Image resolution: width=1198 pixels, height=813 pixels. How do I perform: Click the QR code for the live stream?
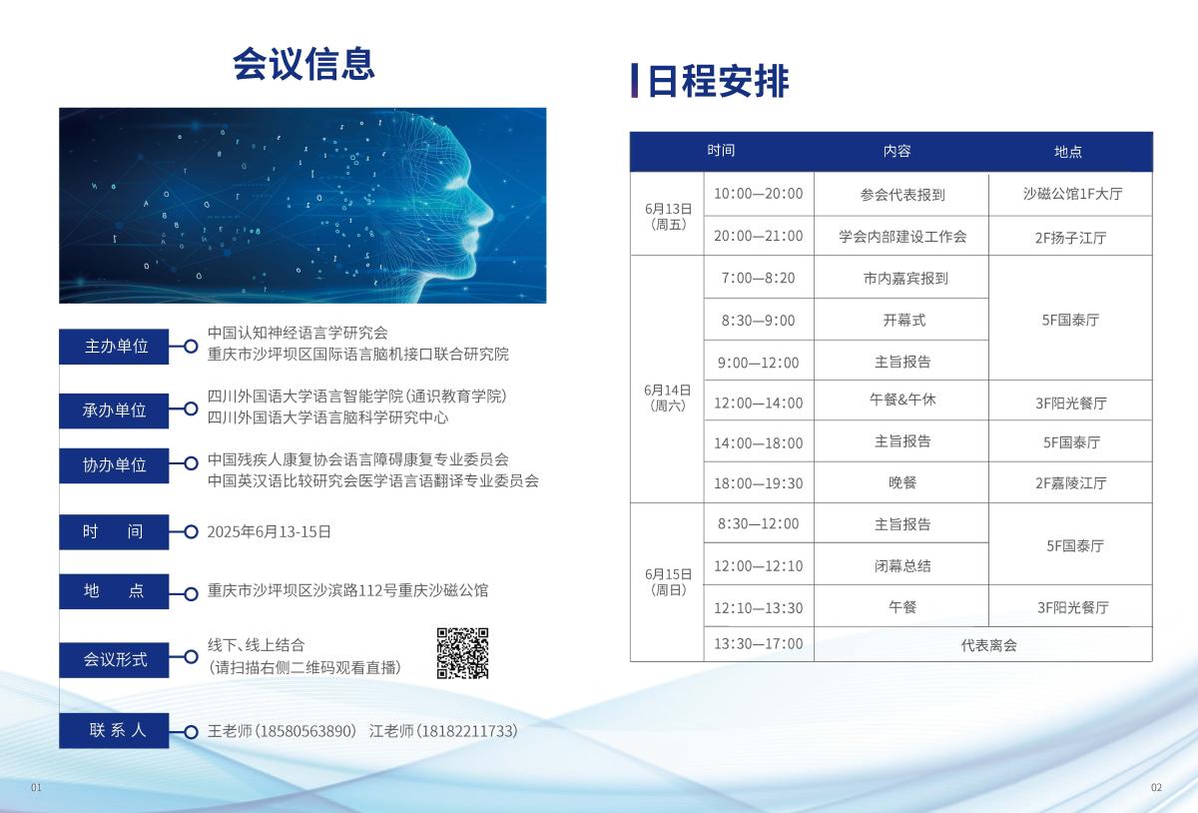[x=462, y=653]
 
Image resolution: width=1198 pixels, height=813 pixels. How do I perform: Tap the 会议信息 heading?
[x=303, y=64]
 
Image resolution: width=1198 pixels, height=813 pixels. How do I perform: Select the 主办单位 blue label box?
[x=114, y=347]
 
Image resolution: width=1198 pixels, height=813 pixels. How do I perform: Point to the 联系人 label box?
[x=114, y=730]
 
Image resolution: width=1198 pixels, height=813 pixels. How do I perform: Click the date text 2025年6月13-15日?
[x=269, y=531]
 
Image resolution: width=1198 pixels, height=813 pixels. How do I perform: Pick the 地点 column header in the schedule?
[x=1068, y=152]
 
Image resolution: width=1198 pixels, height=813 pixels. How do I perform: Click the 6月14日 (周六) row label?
[x=668, y=398]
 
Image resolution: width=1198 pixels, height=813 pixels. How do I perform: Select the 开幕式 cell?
[x=903, y=320]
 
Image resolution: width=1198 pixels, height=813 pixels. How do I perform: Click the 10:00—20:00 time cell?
[x=759, y=193]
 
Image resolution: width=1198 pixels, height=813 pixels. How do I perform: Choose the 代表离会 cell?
[x=989, y=645]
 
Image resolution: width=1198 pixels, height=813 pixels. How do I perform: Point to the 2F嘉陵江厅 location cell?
[x=1070, y=482]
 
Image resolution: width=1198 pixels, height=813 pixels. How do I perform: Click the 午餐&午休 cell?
[x=902, y=400]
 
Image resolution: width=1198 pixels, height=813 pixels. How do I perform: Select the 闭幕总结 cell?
[x=902, y=565]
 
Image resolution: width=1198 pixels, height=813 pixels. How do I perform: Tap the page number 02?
[x=1156, y=787]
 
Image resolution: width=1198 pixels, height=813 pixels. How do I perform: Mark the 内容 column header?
[x=897, y=151]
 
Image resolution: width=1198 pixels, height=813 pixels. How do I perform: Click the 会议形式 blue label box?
[x=114, y=660]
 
